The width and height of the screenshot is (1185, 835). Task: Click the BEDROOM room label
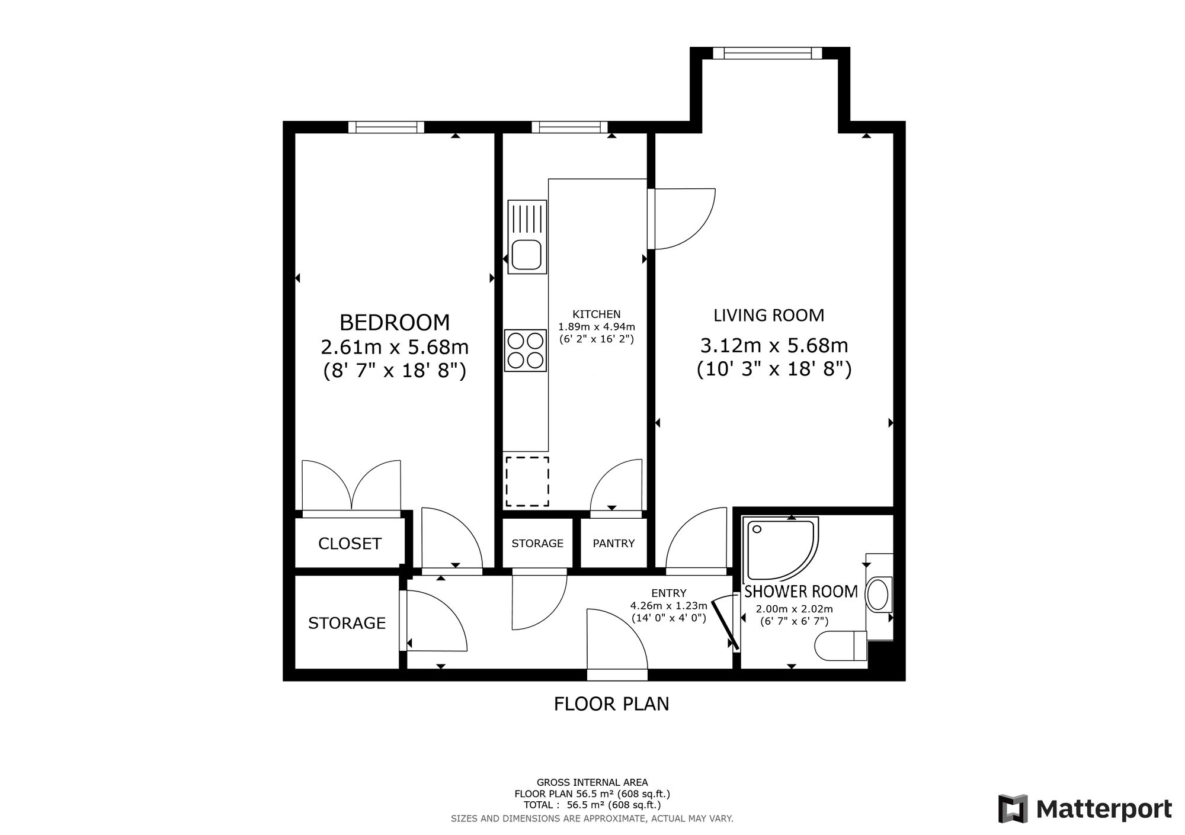coord(395,323)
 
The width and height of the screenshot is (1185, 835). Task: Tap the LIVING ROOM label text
coord(768,315)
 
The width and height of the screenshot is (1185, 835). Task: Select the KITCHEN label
coord(597,314)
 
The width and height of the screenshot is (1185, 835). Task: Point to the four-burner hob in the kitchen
coord(526,351)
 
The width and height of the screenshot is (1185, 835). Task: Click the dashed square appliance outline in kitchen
coord(527,481)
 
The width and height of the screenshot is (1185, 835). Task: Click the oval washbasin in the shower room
coord(878,595)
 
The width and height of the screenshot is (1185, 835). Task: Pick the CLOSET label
coord(350,544)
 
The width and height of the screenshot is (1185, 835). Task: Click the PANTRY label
coord(614,543)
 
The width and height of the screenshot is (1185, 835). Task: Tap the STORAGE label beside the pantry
coord(537,543)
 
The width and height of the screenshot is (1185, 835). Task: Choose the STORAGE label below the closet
coord(347,623)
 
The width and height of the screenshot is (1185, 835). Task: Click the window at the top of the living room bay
coord(767,53)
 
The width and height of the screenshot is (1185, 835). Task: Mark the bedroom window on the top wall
coord(386,127)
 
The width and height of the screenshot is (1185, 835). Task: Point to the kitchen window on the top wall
coord(569,127)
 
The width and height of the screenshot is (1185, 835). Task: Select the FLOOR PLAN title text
coord(611,704)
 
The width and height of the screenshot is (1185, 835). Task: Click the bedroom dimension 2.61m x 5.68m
coord(395,346)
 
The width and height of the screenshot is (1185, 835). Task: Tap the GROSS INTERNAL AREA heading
coord(592,782)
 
